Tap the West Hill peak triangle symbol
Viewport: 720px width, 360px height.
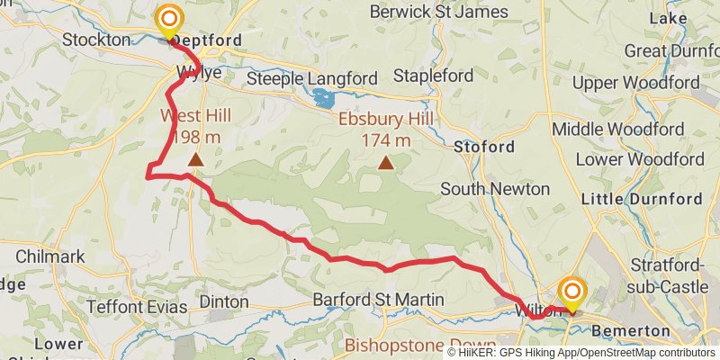coord(195,159)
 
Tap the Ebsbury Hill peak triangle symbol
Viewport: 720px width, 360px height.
coord(386,163)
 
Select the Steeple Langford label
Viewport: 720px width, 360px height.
coord(311,79)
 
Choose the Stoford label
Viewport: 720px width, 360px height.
coord(485,146)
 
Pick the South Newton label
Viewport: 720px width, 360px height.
coord(495,189)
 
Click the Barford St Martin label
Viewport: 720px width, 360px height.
coord(378,300)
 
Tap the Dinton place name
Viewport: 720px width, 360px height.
coord(223,301)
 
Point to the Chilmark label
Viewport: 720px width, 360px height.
coord(50,256)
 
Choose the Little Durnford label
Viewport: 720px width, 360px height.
coord(643,199)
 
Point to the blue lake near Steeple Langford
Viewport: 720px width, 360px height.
coord(324,97)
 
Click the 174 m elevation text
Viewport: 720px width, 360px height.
coord(386,140)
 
